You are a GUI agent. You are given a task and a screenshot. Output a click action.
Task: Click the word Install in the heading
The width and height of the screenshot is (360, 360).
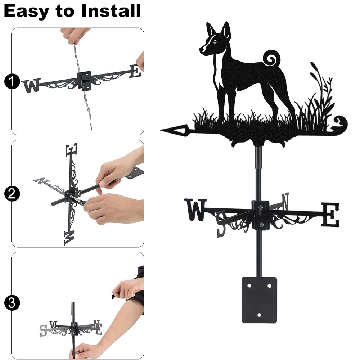point(111,11)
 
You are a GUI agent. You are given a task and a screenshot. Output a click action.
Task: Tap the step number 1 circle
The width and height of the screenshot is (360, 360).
point(12,81)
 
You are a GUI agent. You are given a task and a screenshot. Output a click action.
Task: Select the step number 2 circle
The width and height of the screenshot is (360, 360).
point(12,194)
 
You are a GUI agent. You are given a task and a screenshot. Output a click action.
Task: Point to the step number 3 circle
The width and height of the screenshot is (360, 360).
point(12,303)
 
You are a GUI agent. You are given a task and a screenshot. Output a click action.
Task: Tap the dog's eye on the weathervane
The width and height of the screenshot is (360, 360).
point(215,42)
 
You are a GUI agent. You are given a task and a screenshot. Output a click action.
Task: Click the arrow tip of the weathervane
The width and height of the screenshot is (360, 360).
point(161,130)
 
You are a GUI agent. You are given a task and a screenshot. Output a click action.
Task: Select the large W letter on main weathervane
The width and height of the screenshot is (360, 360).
point(195,210)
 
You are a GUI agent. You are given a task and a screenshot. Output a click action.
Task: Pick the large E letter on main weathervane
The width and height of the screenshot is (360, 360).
point(330,215)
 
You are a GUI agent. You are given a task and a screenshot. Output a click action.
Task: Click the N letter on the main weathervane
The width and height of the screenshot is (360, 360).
point(285,201)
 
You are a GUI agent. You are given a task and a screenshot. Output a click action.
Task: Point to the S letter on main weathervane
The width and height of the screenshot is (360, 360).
point(221,224)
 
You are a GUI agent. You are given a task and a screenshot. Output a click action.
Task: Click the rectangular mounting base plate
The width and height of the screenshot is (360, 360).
point(259,300)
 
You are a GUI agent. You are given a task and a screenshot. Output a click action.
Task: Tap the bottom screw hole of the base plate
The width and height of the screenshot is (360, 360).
point(259,315)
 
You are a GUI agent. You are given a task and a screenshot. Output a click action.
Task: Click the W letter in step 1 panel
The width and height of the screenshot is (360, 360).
point(32,85)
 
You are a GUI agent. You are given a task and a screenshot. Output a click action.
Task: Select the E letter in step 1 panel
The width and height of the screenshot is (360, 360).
point(135,71)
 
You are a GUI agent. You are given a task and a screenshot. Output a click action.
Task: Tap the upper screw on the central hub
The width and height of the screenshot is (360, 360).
point(260,207)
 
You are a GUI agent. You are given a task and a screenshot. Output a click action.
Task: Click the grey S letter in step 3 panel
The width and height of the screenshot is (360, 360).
point(43,330)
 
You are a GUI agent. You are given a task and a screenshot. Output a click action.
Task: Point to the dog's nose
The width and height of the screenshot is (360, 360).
point(201,49)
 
